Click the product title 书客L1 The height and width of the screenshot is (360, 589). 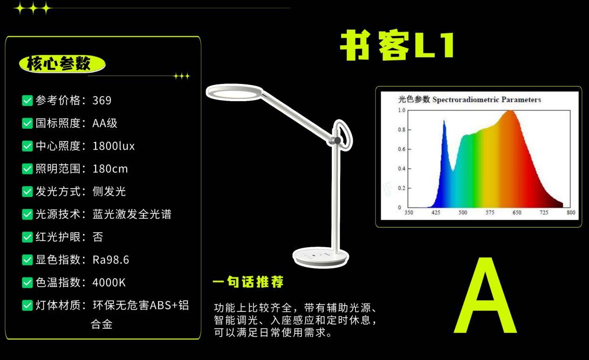point(397,45)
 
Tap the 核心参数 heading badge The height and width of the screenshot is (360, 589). point(62,64)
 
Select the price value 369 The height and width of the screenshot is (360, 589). point(102,100)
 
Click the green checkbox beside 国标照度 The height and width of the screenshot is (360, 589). point(27,123)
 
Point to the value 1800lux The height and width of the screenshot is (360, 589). point(114,146)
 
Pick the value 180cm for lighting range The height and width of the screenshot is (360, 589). point(110,169)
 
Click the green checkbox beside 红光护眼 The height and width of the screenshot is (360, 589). point(27,237)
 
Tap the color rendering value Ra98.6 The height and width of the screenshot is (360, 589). point(111,260)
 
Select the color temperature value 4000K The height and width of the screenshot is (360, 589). point(109,283)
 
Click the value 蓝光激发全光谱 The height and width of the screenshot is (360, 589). point(132,214)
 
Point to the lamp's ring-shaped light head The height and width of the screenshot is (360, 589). point(235,92)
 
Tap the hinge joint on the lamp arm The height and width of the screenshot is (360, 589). point(337,140)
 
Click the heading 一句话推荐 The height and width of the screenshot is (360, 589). point(248,282)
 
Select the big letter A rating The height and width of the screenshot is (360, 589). point(485,295)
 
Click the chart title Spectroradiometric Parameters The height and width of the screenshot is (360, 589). point(486,100)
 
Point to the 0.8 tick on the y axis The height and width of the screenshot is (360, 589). point(402,130)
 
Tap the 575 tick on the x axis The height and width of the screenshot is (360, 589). point(490,212)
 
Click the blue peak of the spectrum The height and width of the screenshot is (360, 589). point(444,121)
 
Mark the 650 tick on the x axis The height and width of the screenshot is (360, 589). point(517,212)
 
